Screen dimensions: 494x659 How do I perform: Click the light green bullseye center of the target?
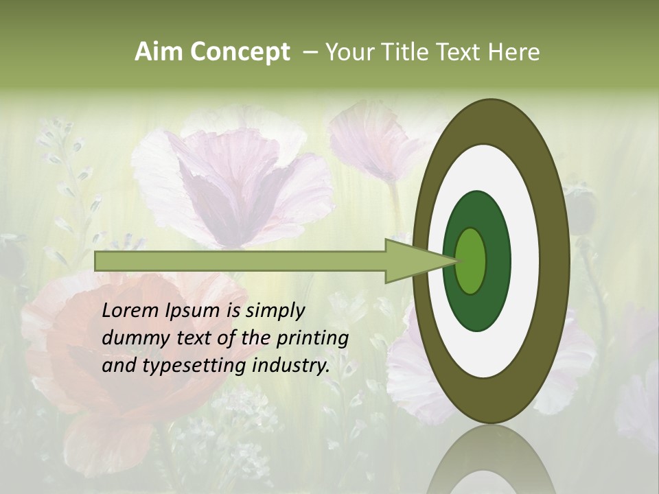(x=471, y=261)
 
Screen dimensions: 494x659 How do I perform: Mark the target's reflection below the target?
(x=491, y=463)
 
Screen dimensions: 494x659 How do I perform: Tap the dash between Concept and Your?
(x=310, y=52)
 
